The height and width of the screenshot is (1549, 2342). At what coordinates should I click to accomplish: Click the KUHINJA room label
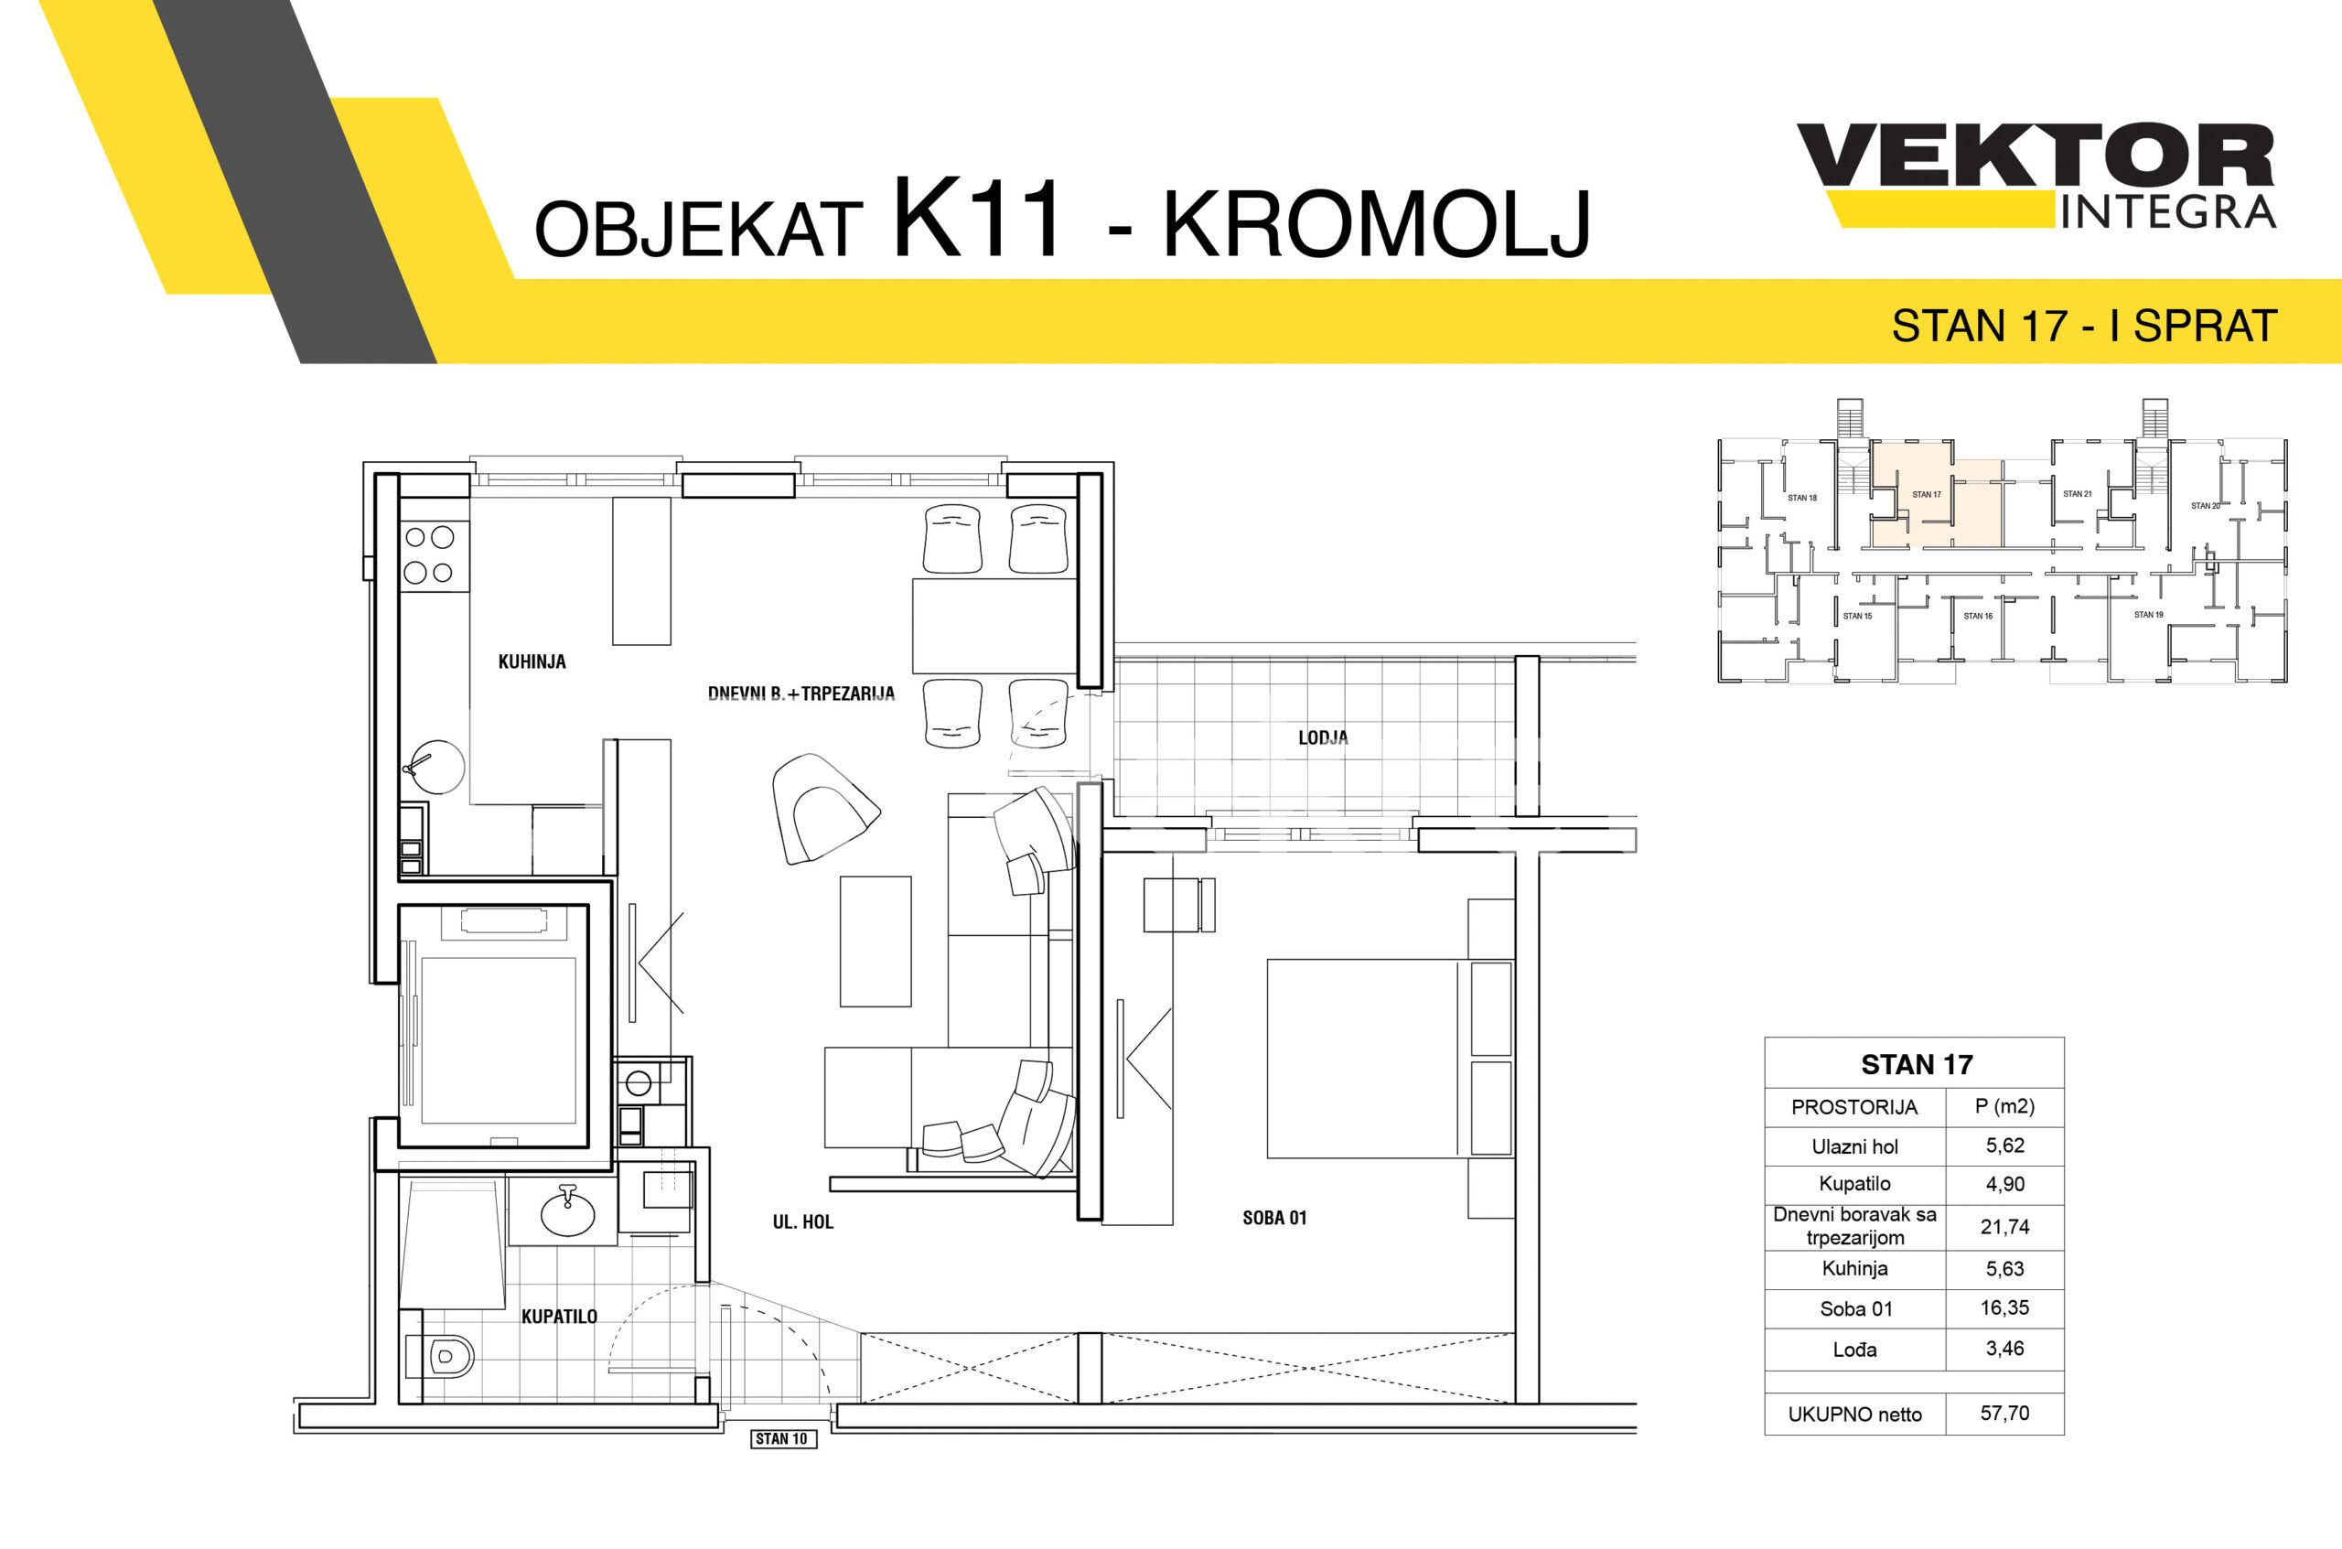(532, 662)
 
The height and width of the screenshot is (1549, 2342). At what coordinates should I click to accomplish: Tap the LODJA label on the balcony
(1323, 737)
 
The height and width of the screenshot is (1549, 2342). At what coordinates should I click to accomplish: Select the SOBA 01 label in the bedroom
(1274, 1218)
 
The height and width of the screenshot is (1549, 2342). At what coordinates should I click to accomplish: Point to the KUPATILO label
(559, 1316)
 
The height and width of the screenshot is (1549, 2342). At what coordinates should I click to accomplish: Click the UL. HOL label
(803, 1222)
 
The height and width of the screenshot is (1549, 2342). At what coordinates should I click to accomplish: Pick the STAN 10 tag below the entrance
(781, 1438)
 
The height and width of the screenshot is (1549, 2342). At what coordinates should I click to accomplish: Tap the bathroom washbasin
(567, 1211)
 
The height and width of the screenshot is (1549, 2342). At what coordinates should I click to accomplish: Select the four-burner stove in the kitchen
(434, 555)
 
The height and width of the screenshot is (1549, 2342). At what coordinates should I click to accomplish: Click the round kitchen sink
(435, 767)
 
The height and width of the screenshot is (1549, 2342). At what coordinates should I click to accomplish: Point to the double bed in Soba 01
(1390, 1058)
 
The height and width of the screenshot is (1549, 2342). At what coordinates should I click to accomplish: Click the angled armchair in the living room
(822, 808)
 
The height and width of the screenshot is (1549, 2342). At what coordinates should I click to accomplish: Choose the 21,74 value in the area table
(2004, 1227)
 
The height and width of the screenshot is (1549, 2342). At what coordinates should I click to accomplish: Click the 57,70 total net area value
(2004, 1413)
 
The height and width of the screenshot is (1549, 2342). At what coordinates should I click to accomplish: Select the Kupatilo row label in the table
(1854, 1184)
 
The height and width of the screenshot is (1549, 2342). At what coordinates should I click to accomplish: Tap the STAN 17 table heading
(1917, 1064)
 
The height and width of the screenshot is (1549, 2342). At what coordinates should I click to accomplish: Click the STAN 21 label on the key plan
(2078, 494)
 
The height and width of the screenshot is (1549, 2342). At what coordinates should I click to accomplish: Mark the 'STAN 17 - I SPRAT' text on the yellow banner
(2084, 326)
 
